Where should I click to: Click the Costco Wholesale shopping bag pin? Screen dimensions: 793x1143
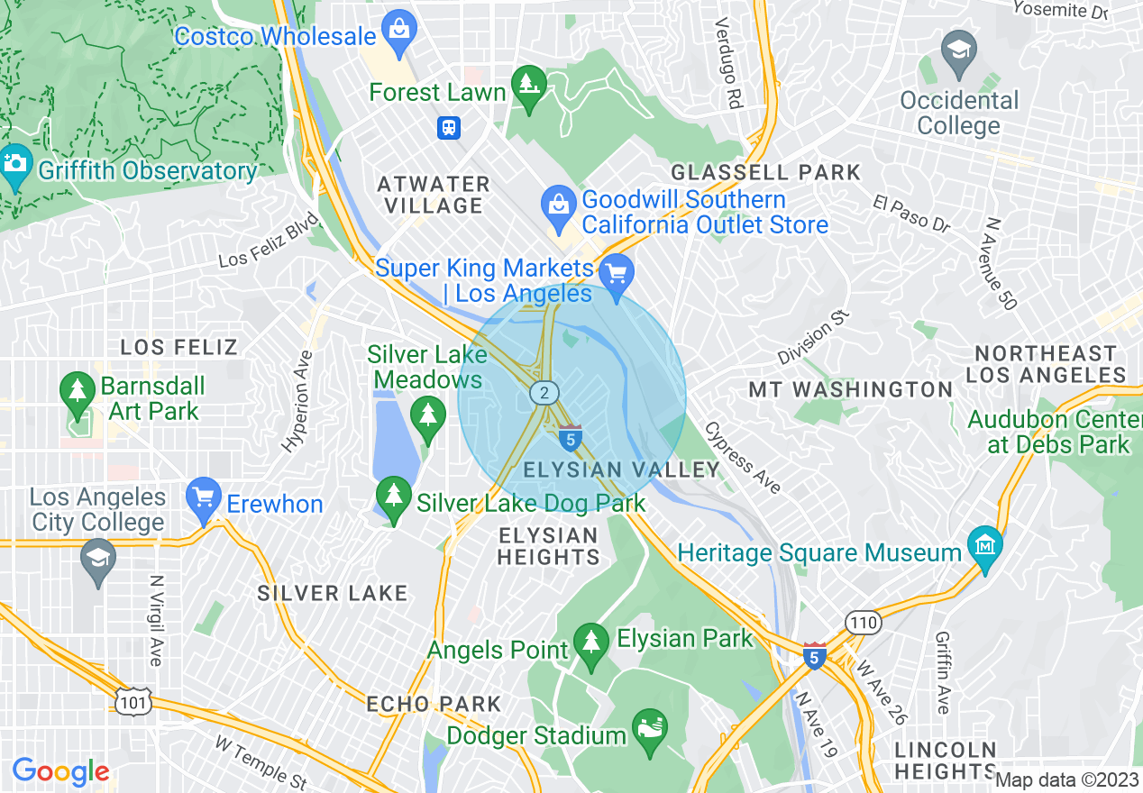398,32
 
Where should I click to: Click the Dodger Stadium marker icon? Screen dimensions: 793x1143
648,726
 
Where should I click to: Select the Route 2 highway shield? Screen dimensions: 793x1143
543,392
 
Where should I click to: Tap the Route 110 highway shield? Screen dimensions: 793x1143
862,622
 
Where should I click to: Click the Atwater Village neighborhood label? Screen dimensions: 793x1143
434,195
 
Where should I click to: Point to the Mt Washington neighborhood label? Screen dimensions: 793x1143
851,389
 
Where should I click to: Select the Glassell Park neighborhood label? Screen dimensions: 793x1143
766,172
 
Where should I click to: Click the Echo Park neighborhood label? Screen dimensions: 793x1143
434,704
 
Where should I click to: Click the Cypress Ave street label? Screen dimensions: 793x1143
742,457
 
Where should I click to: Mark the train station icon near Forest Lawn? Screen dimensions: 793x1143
449,128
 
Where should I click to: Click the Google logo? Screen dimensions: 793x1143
60,771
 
